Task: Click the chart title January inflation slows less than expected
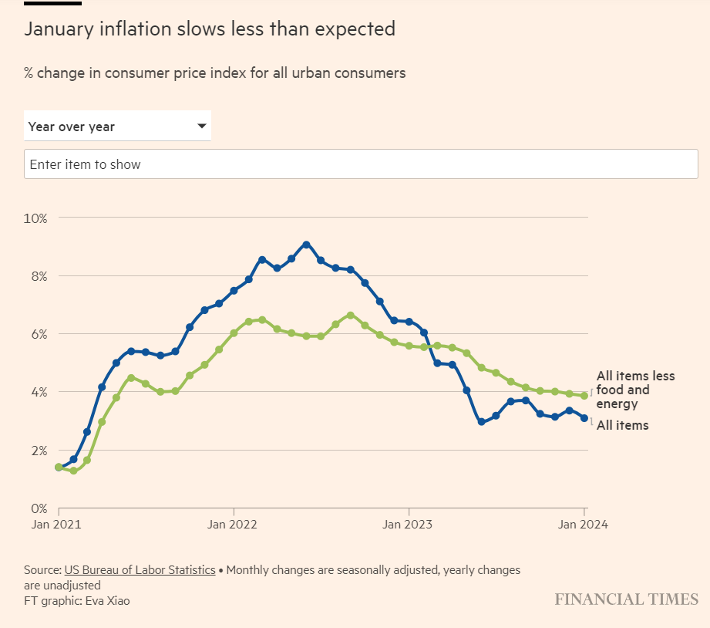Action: pyautogui.click(x=210, y=29)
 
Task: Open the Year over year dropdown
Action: pyautogui.click(x=117, y=127)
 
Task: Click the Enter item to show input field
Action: pyautogui.click(x=361, y=164)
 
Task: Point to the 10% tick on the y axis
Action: pyautogui.click(x=35, y=218)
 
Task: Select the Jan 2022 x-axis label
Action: pyautogui.click(x=234, y=525)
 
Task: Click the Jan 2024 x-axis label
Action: pyautogui.click(x=584, y=525)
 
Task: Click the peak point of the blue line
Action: pyautogui.click(x=306, y=245)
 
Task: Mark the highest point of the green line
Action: pyautogui.click(x=350, y=315)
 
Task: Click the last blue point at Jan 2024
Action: pyautogui.click(x=584, y=418)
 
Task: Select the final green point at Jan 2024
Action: pyautogui.click(x=584, y=396)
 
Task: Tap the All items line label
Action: pyautogui.click(x=622, y=425)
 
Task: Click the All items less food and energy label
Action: pyautogui.click(x=634, y=390)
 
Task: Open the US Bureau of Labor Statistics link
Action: pyautogui.click(x=140, y=570)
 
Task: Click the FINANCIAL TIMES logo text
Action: pyautogui.click(x=626, y=599)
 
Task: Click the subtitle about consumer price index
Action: pyautogui.click(x=214, y=73)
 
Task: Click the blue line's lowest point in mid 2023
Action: pyautogui.click(x=481, y=422)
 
